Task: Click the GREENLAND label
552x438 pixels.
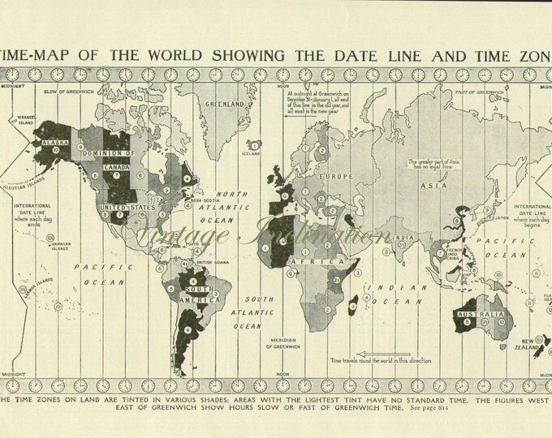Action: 225,105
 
